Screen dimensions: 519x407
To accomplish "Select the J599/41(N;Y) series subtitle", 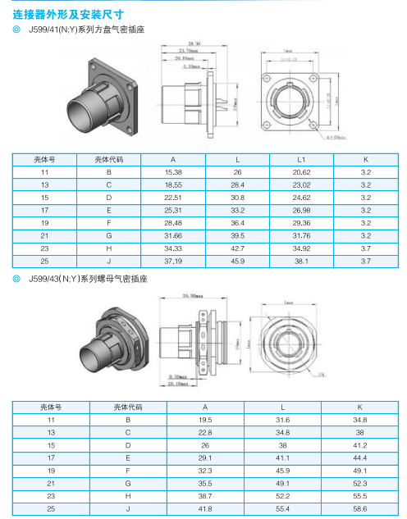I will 87,30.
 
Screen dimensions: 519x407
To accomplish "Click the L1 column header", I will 300,161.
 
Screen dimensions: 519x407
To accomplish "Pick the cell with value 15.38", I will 172,173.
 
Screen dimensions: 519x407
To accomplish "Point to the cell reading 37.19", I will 172,262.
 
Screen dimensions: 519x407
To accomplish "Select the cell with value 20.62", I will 300,173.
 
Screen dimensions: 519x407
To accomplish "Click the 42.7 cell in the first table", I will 237,248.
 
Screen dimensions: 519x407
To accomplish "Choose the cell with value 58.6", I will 359,508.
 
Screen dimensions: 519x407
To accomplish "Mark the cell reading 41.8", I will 205,508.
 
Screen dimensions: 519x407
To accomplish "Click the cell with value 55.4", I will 283,508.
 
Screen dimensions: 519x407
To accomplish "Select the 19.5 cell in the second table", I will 205,419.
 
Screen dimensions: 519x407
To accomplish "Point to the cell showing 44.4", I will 359,458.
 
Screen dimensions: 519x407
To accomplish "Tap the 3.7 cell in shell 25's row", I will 366,262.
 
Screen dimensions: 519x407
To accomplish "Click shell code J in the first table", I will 108,262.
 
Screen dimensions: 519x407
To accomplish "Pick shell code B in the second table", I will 127,419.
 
